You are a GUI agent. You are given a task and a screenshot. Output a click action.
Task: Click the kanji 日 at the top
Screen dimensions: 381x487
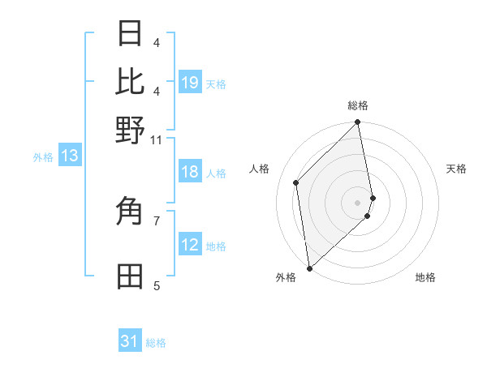(131, 34)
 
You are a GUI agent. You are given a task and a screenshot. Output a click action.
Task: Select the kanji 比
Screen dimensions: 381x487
(131, 81)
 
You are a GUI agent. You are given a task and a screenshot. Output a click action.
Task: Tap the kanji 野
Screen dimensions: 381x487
(131, 130)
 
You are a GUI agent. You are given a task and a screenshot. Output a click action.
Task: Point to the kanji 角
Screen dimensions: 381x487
(131, 213)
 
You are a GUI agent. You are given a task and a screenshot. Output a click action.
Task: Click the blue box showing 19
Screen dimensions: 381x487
(189, 82)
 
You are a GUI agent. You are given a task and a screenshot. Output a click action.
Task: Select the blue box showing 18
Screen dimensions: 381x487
(189, 172)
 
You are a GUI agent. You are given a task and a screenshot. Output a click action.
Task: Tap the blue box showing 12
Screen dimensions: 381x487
(189, 245)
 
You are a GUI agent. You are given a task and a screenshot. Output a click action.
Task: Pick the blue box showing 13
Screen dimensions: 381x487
(69, 156)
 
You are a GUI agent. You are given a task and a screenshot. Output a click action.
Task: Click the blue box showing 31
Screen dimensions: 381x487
(130, 341)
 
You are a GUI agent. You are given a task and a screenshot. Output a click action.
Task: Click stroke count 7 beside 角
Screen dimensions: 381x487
(157, 220)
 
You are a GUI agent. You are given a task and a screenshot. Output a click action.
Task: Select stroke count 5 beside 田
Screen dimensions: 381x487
(157, 285)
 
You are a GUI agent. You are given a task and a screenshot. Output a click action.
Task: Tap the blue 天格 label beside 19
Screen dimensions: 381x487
(216, 83)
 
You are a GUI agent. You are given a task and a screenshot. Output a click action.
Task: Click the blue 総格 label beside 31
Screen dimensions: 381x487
(156, 343)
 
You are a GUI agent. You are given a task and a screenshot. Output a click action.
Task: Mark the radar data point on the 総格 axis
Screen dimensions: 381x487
(358, 123)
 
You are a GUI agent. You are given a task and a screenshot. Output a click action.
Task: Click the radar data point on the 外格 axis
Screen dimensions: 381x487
(309, 268)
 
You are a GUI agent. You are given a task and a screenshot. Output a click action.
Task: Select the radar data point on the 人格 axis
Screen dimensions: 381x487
(296, 182)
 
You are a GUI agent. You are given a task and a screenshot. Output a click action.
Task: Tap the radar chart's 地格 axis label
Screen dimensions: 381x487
(425, 277)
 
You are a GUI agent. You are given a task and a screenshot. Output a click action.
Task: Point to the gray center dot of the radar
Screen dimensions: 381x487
(358, 202)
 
